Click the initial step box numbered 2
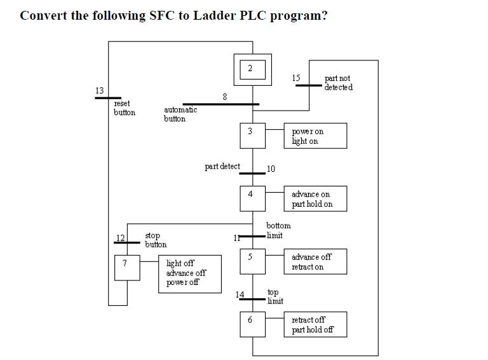coord(252,69)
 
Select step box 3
coord(252,135)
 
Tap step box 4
coord(252,198)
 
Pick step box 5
coord(252,261)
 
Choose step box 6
coord(252,324)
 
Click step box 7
coord(126,267)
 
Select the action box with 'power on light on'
coord(315,135)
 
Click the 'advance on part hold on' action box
coord(315,198)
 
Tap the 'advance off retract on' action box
coord(315,261)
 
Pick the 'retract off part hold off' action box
coord(315,324)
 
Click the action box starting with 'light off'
coord(190,273)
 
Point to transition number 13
coord(107,98)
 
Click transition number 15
coord(308,85)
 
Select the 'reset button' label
coord(125,108)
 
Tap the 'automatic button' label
coord(180,114)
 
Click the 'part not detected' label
coord(338,83)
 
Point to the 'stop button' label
coord(156,240)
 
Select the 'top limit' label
coord(275,296)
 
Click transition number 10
coord(252,173)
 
